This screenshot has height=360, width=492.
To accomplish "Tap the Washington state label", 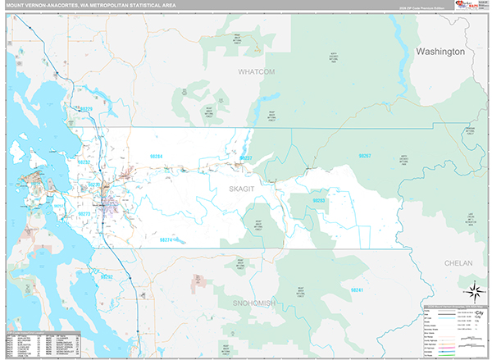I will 440,52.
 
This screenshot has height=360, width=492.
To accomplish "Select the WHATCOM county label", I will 257,72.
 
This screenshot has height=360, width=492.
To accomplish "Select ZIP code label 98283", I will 320,200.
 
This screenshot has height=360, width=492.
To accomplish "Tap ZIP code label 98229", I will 85,108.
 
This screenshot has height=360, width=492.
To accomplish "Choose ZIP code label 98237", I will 245,157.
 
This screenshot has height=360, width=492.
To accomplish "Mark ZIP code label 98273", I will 84,213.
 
